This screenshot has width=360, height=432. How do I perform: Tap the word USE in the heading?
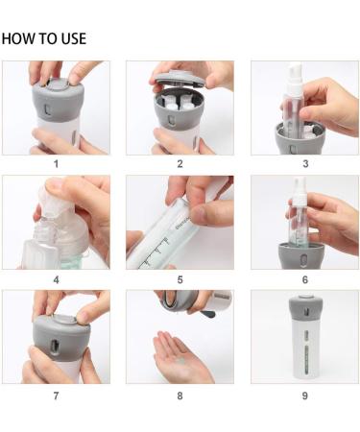(x=74, y=38)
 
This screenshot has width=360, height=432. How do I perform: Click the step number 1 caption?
(x=56, y=164)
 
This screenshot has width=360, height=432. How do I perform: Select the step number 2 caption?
(x=180, y=164)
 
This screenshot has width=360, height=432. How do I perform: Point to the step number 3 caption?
(x=305, y=164)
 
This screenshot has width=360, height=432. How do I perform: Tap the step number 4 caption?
(x=56, y=280)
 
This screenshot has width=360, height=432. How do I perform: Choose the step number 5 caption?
(x=180, y=280)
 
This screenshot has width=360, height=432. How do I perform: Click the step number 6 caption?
(x=305, y=280)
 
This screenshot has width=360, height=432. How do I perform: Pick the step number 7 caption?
(x=56, y=396)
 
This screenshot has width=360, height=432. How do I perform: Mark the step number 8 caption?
(x=180, y=396)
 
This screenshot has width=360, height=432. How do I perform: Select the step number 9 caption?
(x=305, y=396)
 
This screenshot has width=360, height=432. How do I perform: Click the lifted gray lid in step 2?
(x=181, y=80)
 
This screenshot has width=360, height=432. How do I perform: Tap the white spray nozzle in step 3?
(x=295, y=78)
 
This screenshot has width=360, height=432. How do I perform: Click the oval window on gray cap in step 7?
(x=54, y=347)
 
